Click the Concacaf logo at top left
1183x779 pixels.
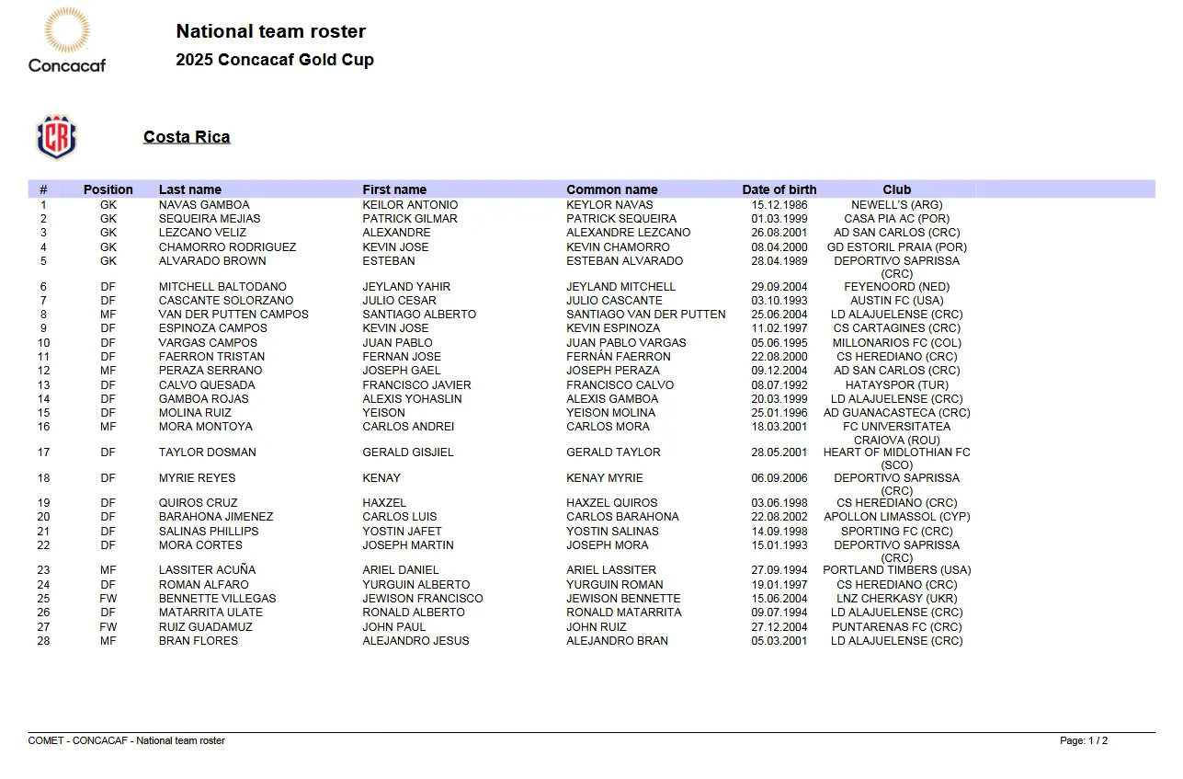[66, 40]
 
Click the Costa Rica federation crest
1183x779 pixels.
[56, 137]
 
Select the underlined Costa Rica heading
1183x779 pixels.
[187, 137]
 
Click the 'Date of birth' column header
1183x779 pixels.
[779, 189]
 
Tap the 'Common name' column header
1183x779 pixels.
[611, 189]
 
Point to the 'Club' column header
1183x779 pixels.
[896, 189]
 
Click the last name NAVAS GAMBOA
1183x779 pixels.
[204, 205]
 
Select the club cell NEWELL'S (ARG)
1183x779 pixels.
[896, 205]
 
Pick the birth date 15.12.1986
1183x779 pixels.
[779, 205]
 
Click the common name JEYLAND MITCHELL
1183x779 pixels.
[620, 287]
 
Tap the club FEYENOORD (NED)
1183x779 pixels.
[896, 287]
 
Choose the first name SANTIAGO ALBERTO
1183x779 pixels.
[419, 315]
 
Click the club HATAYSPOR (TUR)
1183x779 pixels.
[896, 385]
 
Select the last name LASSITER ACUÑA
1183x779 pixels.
[207, 570]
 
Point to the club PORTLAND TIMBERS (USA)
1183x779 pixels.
[896, 570]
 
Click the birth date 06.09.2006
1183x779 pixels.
[779, 478]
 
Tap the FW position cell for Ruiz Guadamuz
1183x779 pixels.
[108, 627]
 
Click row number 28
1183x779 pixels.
[43, 641]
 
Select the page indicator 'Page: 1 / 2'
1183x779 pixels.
[1083, 740]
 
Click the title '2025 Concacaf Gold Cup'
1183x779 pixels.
[275, 61]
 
